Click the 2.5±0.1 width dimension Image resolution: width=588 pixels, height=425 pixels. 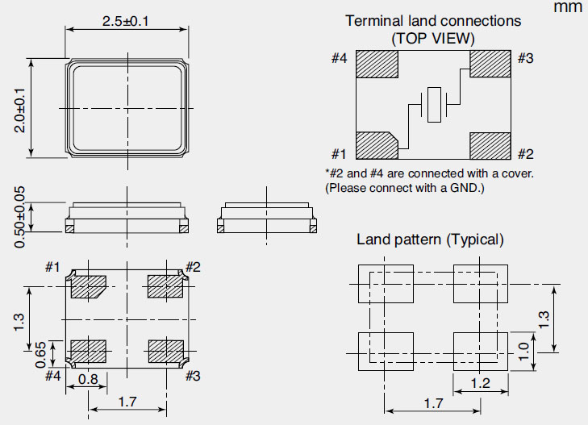(x=125, y=21)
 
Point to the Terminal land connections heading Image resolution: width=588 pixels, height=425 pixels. (x=433, y=21)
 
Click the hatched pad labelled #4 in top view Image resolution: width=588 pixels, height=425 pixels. (x=377, y=65)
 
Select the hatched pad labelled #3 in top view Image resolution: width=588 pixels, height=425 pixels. (x=490, y=65)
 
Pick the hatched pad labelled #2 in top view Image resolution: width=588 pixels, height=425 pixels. (x=490, y=145)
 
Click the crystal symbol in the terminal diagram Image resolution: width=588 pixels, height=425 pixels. (x=434, y=106)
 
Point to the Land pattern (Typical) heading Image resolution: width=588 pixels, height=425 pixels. (x=430, y=240)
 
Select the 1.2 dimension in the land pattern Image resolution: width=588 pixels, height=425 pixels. (x=481, y=383)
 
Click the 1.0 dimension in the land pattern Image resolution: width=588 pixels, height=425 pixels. (x=523, y=352)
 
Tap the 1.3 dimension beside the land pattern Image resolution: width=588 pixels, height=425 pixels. (x=543, y=319)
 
